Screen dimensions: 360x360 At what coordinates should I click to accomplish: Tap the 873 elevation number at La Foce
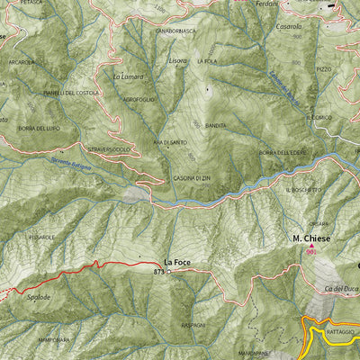click(x=159, y=270)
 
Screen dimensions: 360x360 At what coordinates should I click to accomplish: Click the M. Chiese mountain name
click(x=311, y=238)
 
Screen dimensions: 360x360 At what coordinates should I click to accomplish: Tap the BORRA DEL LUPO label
click(x=38, y=129)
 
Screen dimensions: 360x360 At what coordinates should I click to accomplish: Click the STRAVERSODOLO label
click(x=109, y=148)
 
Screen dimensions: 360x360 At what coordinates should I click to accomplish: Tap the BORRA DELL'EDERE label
click(x=283, y=152)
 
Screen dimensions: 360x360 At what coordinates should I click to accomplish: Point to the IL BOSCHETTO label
click(x=303, y=190)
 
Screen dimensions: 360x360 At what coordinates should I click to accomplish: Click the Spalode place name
click(x=38, y=296)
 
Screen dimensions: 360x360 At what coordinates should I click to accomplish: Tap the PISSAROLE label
click(x=42, y=237)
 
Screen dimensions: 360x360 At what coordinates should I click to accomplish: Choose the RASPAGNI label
click(x=193, y=324)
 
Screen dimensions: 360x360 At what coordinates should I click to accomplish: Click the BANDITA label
click(x=216, y=125)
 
